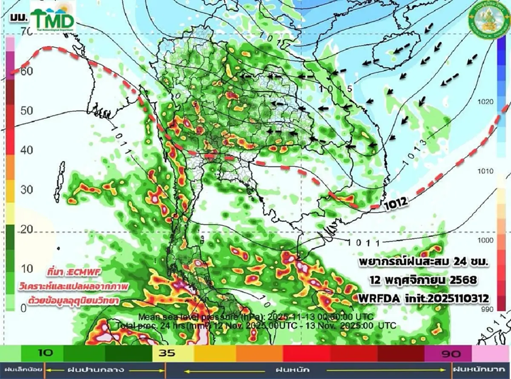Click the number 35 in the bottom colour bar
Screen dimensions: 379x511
(x=167, y=353)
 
